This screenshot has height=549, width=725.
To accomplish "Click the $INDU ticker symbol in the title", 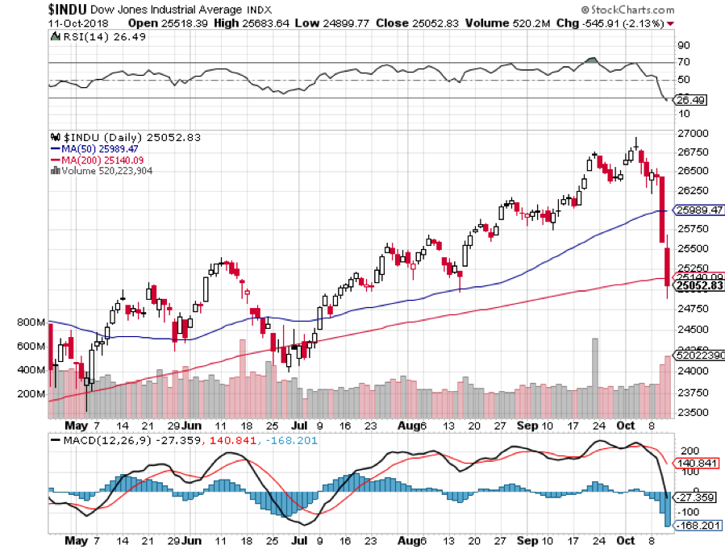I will tap(26, 9).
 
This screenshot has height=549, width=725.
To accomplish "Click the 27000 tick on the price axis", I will tap(693, 133).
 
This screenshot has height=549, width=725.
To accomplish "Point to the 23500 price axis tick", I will tap(693, 412).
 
